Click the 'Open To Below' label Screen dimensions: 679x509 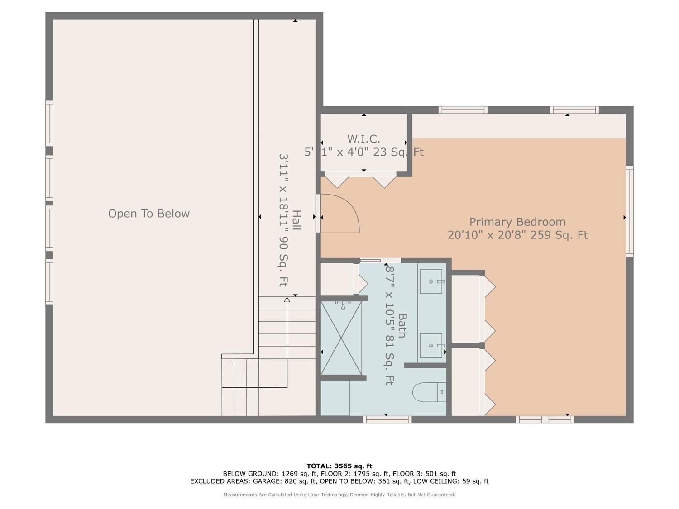[x=149, y=214]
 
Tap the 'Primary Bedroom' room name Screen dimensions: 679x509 [x=517, y=222]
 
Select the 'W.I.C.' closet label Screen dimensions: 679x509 [x=363, y=139]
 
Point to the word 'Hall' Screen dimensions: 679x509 [x=296, y=220]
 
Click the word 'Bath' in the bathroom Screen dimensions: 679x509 [x=402, y=325]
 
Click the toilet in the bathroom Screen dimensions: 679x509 [x=430, y=392]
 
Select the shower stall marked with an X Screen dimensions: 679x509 [x=341, y=338]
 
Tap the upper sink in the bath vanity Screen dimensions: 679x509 [x=431, y=281]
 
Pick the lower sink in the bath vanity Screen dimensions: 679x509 [x=431, y=346]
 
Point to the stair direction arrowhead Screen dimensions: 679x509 [x=287, y=300]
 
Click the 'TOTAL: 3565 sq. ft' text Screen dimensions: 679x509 [x=339, y=466]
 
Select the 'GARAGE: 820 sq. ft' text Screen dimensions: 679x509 [x=284, y=481]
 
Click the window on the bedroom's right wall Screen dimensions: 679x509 [x=630, y=211]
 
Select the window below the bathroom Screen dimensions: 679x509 [x=387, y=419]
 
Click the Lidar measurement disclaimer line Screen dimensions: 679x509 [x=339, y=495]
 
